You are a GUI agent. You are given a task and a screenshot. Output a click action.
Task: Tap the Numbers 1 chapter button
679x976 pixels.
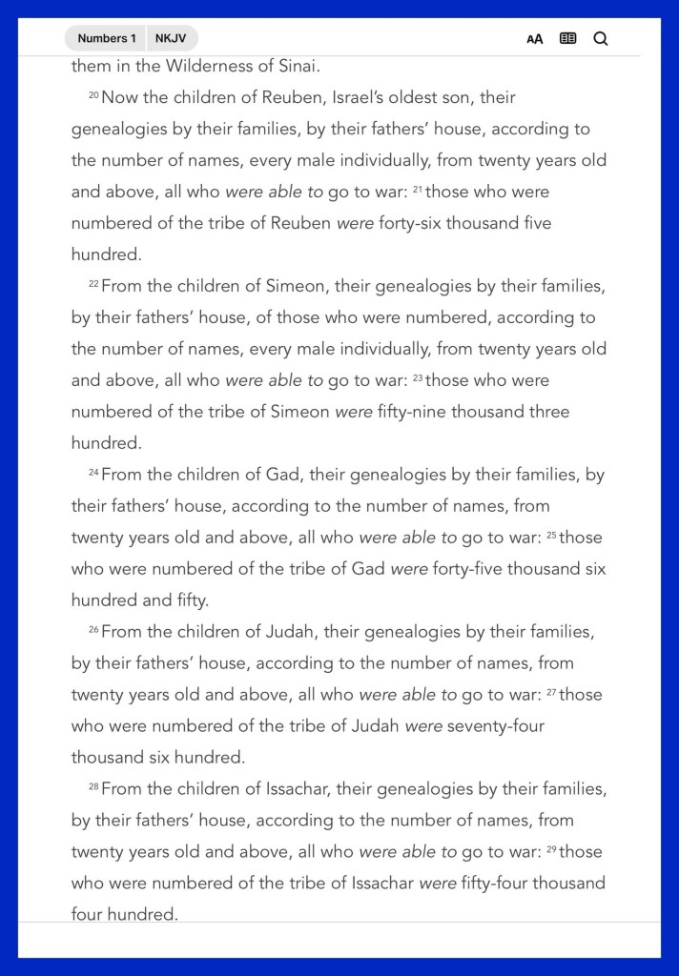[x=106, y=38]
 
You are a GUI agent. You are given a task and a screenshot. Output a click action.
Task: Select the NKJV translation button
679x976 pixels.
[x=172, y=38]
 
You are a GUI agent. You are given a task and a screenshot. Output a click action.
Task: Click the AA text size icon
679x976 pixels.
[x=535, y=39]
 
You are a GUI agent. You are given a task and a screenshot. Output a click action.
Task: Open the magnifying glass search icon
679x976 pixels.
[x=601, y=39]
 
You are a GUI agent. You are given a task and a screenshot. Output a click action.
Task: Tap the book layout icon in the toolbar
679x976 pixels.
[x=568, y=39]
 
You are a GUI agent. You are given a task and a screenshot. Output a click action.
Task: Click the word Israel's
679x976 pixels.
[x=380, y=97]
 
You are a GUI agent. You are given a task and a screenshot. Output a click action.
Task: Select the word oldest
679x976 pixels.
[x=447, y=97]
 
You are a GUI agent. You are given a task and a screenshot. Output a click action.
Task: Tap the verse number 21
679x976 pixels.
[x=418, y=189]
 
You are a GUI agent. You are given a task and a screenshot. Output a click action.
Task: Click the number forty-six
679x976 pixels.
[x=413, y=223]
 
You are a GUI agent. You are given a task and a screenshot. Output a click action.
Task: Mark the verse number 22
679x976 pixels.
[x=93, y=283]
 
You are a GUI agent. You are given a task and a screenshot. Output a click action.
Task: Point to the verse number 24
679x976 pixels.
[x=93, y=472]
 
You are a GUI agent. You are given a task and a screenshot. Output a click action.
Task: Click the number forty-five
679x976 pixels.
[x=467, y=569]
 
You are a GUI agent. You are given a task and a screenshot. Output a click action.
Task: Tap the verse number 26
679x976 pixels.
[x=93, y=629]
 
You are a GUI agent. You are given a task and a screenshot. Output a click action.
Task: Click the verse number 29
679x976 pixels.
[x=551, y=849]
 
